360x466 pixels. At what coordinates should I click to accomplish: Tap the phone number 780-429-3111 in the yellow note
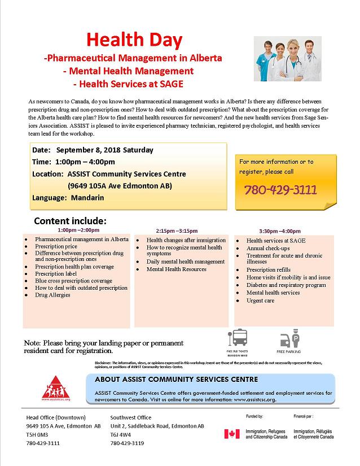click(x=280, y=189)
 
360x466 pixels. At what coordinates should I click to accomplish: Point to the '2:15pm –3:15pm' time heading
click(x=177, y=231)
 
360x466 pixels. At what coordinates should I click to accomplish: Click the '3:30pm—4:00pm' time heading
click(x=279, y=231)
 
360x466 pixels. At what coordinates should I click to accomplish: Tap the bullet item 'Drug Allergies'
click(x=52, y=295)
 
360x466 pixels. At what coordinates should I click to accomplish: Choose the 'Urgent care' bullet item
click(x=260, y=300)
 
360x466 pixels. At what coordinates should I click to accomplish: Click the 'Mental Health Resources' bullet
click(x=176, y=269)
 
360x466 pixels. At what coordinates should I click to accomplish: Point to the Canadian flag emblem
click(x=231, y=434)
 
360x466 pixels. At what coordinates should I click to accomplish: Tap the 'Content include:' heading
click(x=70, y=221)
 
